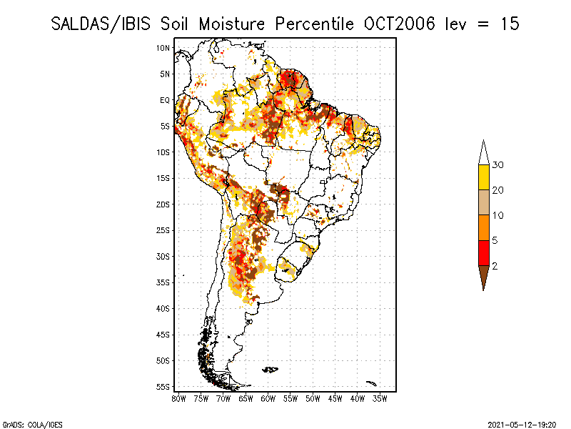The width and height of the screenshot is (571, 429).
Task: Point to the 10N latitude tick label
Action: [163, 48]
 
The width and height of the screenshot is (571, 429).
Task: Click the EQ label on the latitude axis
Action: [165, 100]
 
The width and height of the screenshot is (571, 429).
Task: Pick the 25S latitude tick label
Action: [163, 230]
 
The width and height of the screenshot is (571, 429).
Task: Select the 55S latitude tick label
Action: [163, 387]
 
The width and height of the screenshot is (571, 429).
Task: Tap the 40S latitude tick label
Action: [163, 308]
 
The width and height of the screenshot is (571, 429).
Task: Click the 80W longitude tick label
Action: [179, 398]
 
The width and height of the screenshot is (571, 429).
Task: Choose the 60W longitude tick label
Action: [268, 398]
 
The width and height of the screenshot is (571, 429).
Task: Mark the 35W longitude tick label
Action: [380, 398]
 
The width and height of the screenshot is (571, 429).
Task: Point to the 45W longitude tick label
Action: [335, 398]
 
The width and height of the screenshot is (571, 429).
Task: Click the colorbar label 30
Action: [498, 165]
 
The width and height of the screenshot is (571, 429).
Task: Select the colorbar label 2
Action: [495, 266]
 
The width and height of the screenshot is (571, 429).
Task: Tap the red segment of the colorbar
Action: [483, 252]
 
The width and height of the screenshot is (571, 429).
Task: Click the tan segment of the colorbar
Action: [483, 202]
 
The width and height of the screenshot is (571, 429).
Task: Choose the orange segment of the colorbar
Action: [483, 227]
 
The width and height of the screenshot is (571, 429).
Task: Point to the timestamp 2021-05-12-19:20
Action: [523, 423]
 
